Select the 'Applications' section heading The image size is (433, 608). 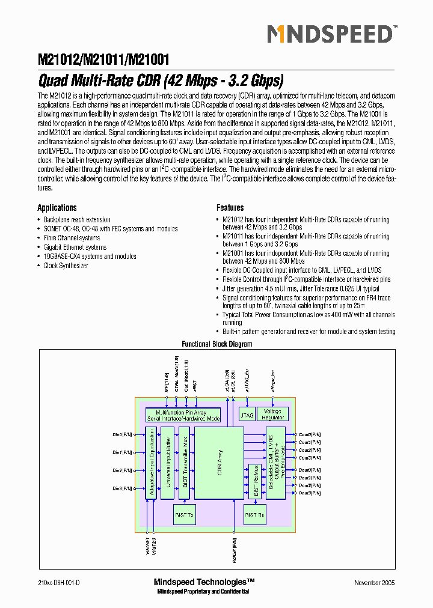[x=57, y=208]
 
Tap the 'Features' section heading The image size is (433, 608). [x=230, y=208]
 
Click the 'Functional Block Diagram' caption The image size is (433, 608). [x=217, y=344]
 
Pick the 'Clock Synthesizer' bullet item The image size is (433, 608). [x=66, y=266]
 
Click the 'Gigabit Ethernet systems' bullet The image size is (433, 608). [x=75, y=247]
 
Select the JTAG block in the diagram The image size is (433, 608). [x=247, y=415]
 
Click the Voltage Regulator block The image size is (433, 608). [x=274, y=415]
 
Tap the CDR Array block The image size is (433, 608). [x=219, y=464]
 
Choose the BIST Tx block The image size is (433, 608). [x=184, y=515]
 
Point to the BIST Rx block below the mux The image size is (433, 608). [x=255, y=515]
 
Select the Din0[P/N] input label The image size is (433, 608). [x=122, y=434]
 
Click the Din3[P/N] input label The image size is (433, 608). [x=122, y=488]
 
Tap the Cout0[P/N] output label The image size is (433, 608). [x=310, y=434]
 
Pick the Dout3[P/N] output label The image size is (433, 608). [x=310, y=493]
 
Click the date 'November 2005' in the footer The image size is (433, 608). [x=374, y=583]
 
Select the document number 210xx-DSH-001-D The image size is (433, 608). [x=59, y=583]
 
